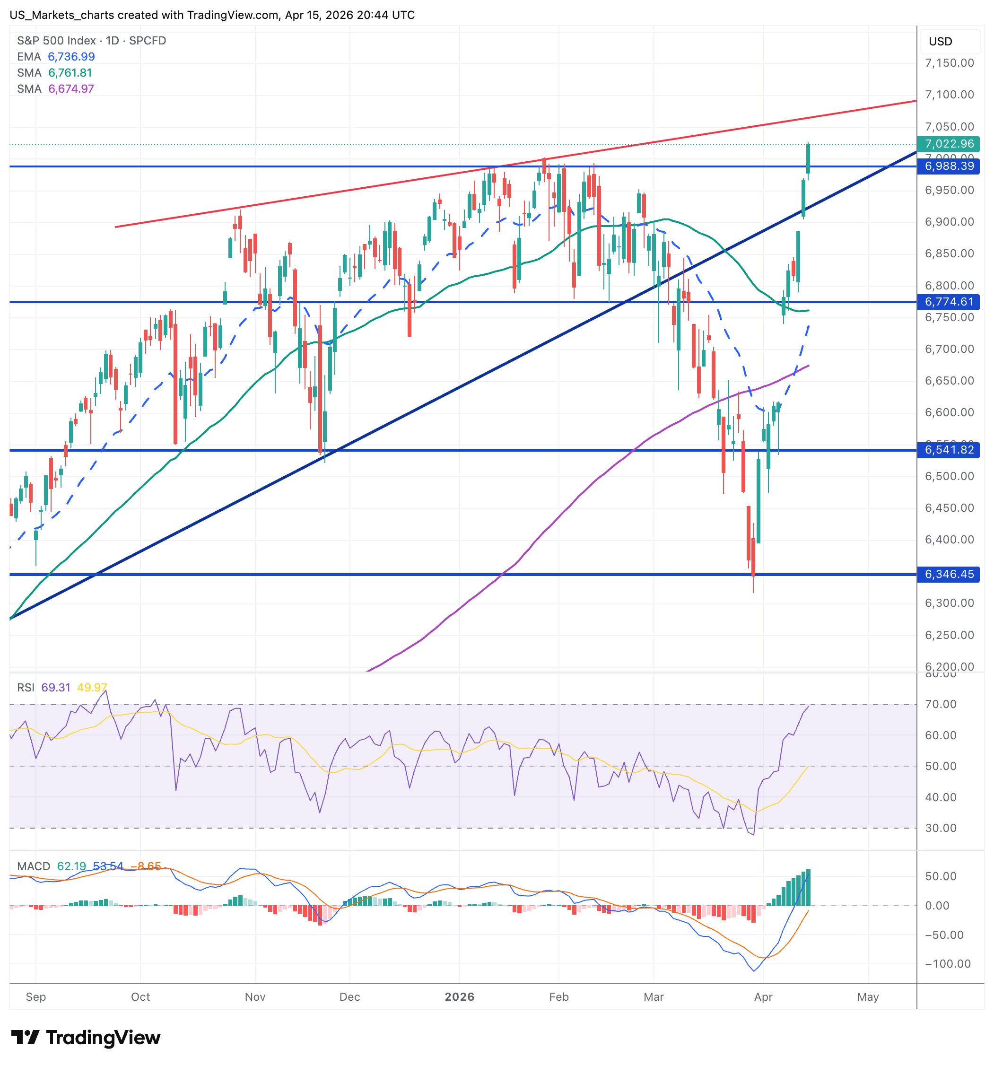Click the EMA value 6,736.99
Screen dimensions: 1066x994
[x=71, y=57]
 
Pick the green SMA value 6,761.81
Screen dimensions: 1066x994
[x=70, y=73]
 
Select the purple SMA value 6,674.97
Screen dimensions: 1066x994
[x=71, y=89]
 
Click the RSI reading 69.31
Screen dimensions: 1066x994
[x=56, y=688]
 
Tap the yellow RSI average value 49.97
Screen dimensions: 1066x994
[x=92, y=688]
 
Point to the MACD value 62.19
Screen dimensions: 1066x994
[x=71, y=866]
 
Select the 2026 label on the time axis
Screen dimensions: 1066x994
[x=460, y=997]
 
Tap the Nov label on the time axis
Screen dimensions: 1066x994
[x=255, y=997]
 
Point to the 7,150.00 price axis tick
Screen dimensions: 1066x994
[x=949, y=63]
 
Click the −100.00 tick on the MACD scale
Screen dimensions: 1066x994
[x=947, y=964]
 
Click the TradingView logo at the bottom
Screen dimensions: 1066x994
[x=86, y=1038]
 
